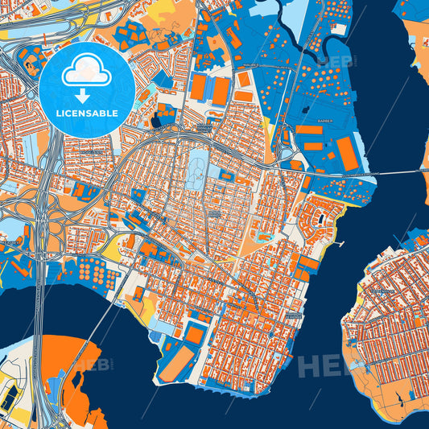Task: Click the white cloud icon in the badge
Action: [86, 72]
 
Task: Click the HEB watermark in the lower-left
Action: [93, 366]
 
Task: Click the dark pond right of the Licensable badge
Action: [155, 122]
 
